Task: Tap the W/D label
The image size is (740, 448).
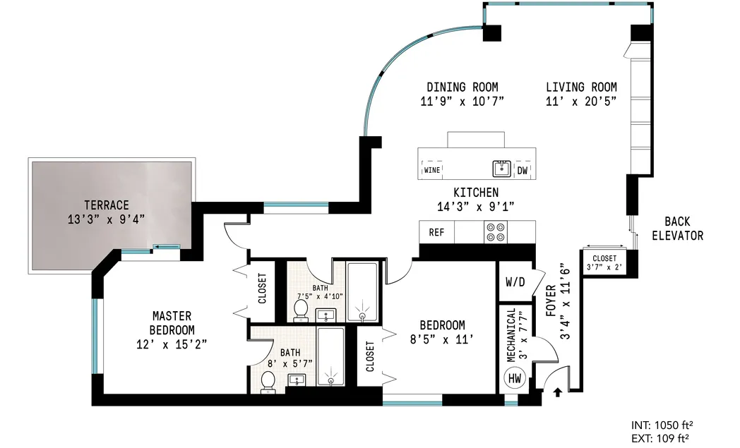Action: [515, 282]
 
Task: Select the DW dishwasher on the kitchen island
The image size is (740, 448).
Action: [522, 170]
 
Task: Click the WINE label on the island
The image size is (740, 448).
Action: [432, 170]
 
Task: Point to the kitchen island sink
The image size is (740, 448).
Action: [501, 169]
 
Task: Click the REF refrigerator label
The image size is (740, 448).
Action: [436, 232]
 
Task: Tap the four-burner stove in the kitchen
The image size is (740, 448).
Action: [496, 232]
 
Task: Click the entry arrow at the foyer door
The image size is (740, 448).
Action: [557, 392]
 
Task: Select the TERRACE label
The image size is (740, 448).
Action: [104, 205]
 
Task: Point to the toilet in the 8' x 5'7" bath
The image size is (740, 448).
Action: [268, 381]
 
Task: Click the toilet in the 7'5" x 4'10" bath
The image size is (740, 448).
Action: [300, 308]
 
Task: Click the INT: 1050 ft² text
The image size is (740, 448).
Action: [660, 425]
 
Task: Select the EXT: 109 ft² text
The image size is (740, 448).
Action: [660, 438]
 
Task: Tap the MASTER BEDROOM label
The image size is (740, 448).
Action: [172, 322]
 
